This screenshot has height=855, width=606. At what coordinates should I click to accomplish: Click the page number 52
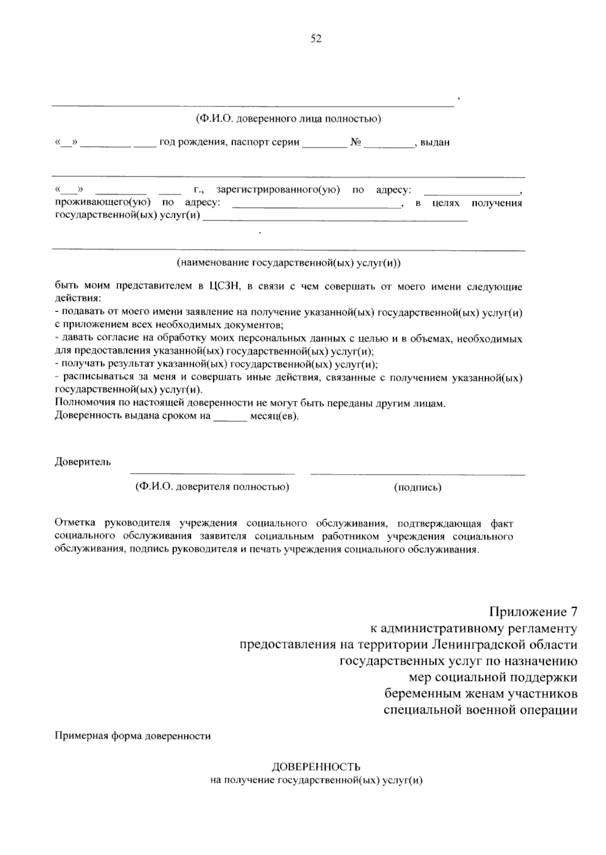pos(316,39)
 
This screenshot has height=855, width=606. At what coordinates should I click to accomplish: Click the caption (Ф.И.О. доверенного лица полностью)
pos(288,120)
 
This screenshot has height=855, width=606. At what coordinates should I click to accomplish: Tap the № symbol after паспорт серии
pos(356,142)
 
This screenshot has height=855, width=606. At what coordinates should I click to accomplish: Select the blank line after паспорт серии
pos(324,145)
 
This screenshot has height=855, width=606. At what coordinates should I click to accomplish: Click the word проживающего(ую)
pos(103,203)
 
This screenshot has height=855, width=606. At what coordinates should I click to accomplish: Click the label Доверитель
pos(83,462)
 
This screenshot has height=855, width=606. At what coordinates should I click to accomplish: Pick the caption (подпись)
pos(417,487)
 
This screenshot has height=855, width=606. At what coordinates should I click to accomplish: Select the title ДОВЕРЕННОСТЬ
pos(316,767)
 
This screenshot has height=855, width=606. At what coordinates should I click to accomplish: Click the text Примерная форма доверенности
pos(132,736)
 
